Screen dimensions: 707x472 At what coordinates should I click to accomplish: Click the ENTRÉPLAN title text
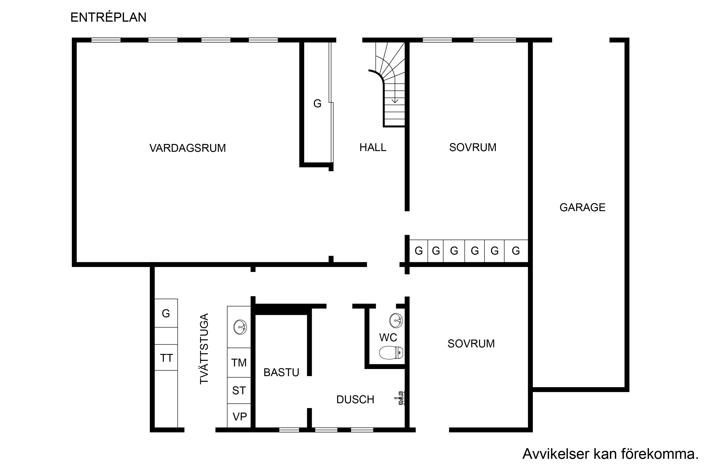(108, 17)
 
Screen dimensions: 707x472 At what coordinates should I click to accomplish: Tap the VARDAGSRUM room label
(188, 148)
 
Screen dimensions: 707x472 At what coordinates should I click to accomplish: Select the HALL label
(373, 148)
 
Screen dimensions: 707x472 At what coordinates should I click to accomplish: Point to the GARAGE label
(582, 207)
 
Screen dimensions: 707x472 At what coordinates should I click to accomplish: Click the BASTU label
(281, 373)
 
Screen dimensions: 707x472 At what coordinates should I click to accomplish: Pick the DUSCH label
(355, 399)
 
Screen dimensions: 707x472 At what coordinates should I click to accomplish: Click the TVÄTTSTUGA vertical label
(204, 349)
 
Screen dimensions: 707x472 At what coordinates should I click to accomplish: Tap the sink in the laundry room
(240, 327)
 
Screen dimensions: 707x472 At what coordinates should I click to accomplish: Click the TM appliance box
(239, 362)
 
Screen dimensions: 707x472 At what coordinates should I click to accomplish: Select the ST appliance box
(239, 390)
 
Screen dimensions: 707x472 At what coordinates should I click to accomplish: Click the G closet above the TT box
(166, 313)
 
